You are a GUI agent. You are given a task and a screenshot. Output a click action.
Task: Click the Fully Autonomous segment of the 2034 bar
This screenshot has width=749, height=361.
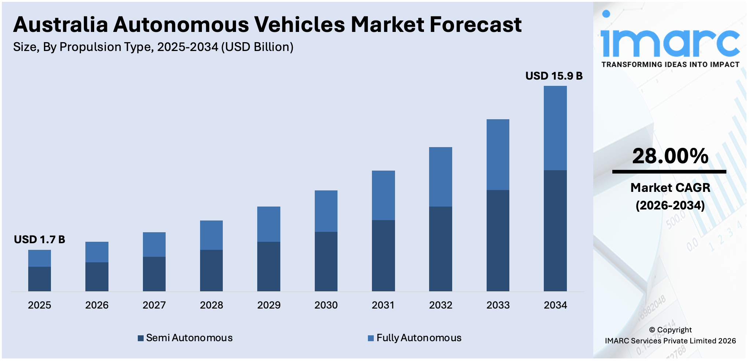[555, 128]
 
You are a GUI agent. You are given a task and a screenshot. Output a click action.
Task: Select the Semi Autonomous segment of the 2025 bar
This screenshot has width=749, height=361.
[40, 279]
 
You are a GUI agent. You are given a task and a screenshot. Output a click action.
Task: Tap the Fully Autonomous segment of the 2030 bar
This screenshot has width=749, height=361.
[326, 211]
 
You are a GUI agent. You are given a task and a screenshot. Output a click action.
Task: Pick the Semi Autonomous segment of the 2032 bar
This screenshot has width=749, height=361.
[440, 249]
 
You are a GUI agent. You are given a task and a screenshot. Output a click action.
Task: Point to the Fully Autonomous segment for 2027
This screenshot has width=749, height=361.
[154, 244]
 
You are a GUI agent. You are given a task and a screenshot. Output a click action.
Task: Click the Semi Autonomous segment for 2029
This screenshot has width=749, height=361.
[269, 266]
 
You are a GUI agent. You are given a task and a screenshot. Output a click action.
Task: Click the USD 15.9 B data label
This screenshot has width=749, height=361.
[554, 76]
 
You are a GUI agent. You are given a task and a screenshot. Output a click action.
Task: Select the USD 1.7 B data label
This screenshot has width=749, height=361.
[40, 240]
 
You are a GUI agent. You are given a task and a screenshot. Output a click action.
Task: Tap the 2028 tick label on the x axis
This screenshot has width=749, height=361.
[211, 305]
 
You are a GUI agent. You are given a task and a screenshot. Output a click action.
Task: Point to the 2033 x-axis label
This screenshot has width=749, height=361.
[498, 305]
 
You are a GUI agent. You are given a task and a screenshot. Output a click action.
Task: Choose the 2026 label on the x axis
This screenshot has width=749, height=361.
[97, 305]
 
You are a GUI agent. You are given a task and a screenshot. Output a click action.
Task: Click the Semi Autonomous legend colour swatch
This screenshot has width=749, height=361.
[141, 338]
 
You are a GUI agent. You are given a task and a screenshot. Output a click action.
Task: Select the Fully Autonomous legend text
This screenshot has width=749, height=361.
[419, 338]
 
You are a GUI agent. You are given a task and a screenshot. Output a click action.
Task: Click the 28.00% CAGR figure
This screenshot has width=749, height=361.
[670, 156]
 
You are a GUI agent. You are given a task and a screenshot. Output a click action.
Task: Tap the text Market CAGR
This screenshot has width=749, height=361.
[670, 188]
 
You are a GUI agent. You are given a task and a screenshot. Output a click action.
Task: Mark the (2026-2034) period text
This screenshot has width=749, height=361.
[670, 205]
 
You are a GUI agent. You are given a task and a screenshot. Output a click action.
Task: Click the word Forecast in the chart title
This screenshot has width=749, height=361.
[475, 25]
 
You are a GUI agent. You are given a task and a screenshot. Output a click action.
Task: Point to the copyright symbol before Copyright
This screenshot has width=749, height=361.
[652, 330]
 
